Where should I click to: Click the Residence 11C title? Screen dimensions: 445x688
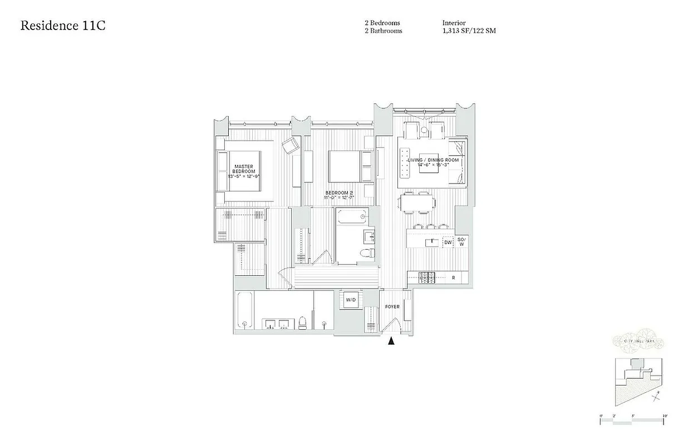click(x=63, y=26)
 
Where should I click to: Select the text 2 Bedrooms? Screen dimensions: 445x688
click(x=382, y=23)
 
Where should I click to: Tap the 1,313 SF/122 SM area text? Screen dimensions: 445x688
click(x=469, y=31)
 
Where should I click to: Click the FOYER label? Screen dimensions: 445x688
click(x=392, y=306)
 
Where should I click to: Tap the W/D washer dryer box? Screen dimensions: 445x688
click(x=351, y=300)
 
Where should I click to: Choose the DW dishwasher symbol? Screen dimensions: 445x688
click(x=447, y=242)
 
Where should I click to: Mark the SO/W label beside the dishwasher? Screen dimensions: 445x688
click(x=461, y=242)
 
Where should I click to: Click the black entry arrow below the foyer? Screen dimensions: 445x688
click(x=391, y=342)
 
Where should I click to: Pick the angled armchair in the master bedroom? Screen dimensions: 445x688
click(x=291, y=146)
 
